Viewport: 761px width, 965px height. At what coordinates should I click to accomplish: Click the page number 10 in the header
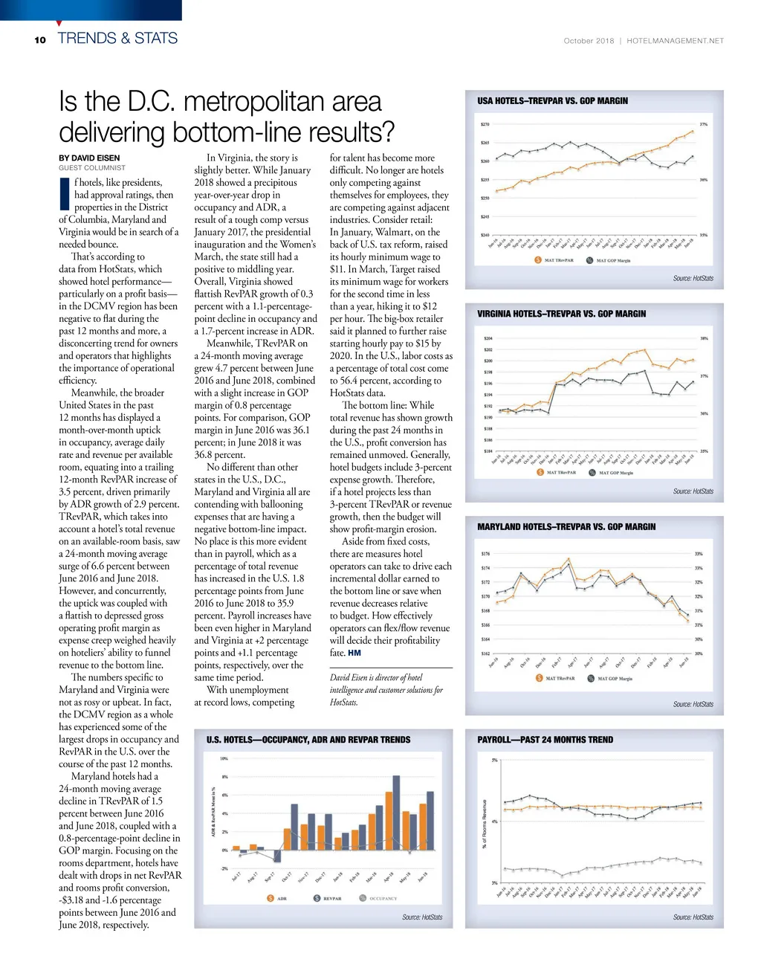click(40, 40)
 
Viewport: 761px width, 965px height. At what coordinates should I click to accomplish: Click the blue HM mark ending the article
click(354, 653)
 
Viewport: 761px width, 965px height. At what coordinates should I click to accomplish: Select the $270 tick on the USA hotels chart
click(485, 124)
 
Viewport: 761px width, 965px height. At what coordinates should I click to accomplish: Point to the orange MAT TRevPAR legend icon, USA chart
click(538, 260)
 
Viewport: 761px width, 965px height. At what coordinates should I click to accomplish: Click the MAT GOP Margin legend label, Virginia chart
click(615, 473)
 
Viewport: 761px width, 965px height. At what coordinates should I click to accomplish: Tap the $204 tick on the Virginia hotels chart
click(488, 338)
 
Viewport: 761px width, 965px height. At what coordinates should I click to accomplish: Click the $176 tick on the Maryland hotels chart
click(485, 554)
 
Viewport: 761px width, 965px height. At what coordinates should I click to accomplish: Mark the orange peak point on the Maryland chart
click(569, 559)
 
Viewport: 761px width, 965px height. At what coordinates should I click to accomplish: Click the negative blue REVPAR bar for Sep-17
click(277, 856)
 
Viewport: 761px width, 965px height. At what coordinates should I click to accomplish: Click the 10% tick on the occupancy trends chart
click(224, 758)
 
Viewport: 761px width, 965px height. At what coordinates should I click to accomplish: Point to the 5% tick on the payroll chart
click(494, 760)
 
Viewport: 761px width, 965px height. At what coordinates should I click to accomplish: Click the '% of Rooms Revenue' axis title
click(485, 823)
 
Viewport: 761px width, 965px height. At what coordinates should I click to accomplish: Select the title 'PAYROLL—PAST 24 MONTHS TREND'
click(545, 740)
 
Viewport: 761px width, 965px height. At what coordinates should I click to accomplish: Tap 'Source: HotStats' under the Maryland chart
click(693, 704)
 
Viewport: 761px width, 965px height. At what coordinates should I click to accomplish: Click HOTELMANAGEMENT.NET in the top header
click(675, 41)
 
